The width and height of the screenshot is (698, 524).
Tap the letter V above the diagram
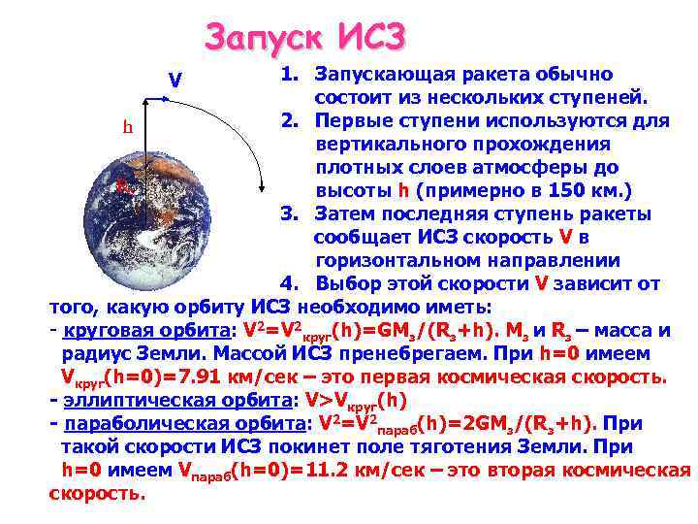tap(175, 79)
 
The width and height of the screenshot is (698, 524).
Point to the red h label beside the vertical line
tap(127, 127)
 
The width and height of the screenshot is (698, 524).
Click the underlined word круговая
tap(104, 331)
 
